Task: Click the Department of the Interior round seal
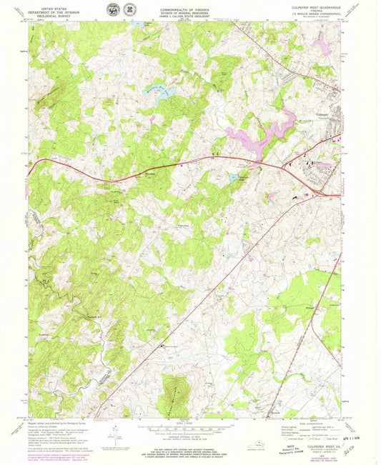pyautogui.click(x=113, y=10)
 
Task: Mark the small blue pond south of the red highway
pyautogui.click(x=232, y=175)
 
